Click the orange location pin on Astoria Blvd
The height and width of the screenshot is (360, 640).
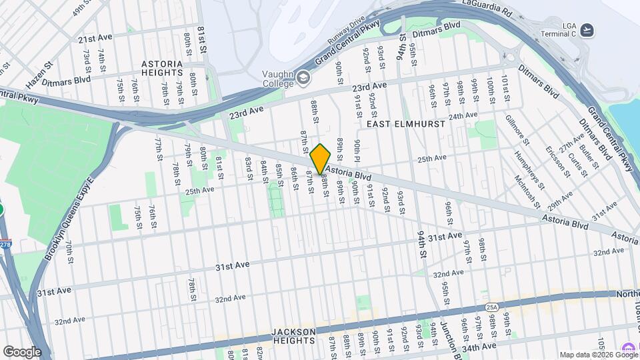pyautogui.click(x=321, y=159)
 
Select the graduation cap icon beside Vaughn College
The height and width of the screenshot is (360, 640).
pyautogui.click(x=304, y=77)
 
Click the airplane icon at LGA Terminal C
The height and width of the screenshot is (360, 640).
pyautogui.click(x=587, y=29)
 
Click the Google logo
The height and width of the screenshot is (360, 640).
pyautogui.click(x=22, y=351)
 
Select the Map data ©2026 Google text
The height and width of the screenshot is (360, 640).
pyautogui.click(x=598, y=355)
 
